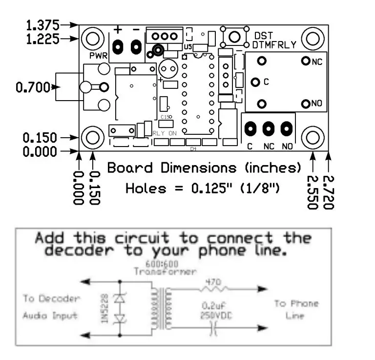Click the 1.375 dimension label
point(42,24)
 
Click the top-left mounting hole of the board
point(92,38)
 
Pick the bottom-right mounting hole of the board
point(313,138)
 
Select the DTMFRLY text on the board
point(274,45)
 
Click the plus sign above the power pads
point(118,29)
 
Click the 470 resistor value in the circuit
point(213,282)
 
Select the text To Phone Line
point(296,310)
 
